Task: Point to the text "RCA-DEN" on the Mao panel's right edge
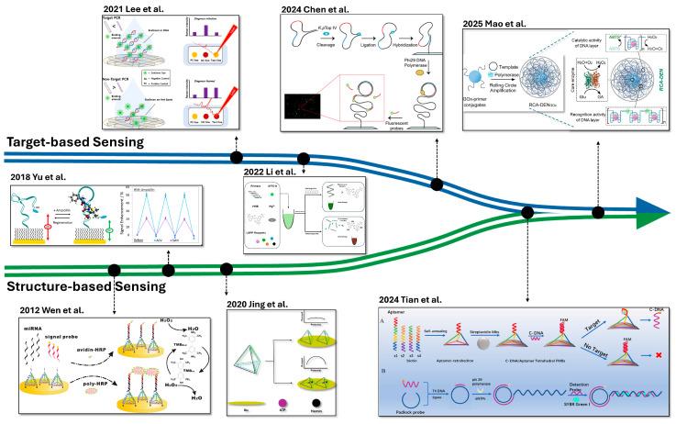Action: coord(659,92)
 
